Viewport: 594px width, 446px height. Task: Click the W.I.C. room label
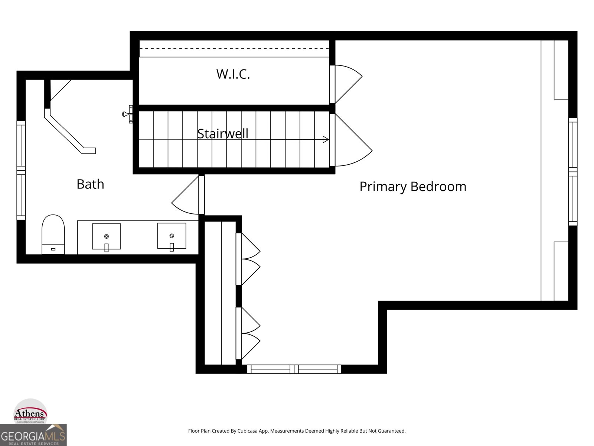coord(233,74)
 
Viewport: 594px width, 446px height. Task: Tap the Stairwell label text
coord(223,133)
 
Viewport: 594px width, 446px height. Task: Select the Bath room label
coord(90,184)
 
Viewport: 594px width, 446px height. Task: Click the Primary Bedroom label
coord(413,186)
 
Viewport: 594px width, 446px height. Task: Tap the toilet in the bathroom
coord(53,234)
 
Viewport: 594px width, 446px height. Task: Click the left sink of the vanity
coord(107,236)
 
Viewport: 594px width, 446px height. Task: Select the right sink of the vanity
coord(172,236)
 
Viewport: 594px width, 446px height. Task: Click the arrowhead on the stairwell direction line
coord(326,139)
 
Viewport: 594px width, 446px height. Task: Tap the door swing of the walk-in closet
coord(347,84)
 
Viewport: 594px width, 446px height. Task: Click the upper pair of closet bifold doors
coord(249,259)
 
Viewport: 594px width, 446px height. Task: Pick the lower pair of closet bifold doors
coord(249,333)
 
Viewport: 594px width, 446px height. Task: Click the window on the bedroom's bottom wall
coord(294,369)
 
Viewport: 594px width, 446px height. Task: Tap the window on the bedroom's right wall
coord(573,172)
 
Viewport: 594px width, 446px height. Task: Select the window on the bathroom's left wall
coord(21,170)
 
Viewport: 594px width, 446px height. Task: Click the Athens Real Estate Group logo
coord(30,412)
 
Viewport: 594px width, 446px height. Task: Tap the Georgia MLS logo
coord(33,435)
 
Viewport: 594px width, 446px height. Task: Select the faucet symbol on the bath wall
coord(128,114)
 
